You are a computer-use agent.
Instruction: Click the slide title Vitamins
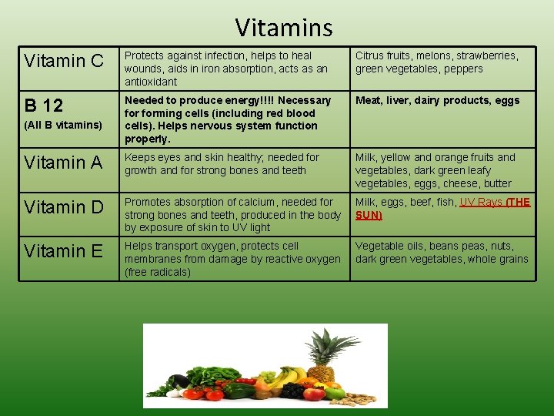[284, 28]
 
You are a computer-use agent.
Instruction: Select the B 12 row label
[43, 105]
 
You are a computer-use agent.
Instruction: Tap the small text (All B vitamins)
[63, 125]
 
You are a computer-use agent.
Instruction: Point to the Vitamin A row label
[64, 163]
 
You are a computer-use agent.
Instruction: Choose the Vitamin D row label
[64, 207]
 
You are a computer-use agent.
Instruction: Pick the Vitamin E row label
[63, 251]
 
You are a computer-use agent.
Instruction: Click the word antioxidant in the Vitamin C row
[151, 82]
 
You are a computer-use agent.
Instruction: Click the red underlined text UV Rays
[481, 202]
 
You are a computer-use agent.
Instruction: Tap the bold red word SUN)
[369, 215]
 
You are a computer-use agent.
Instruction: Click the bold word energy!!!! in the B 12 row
[250, 100]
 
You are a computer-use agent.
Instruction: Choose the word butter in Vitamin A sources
[497, 183]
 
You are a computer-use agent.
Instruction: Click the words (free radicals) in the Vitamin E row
[158, 272]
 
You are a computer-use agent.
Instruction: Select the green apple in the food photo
[335, 393]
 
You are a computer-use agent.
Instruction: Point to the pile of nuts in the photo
[361, 398]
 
